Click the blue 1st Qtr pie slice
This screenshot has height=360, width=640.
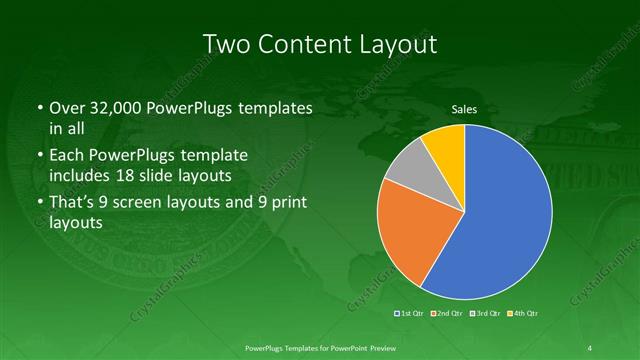pos(500,220)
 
